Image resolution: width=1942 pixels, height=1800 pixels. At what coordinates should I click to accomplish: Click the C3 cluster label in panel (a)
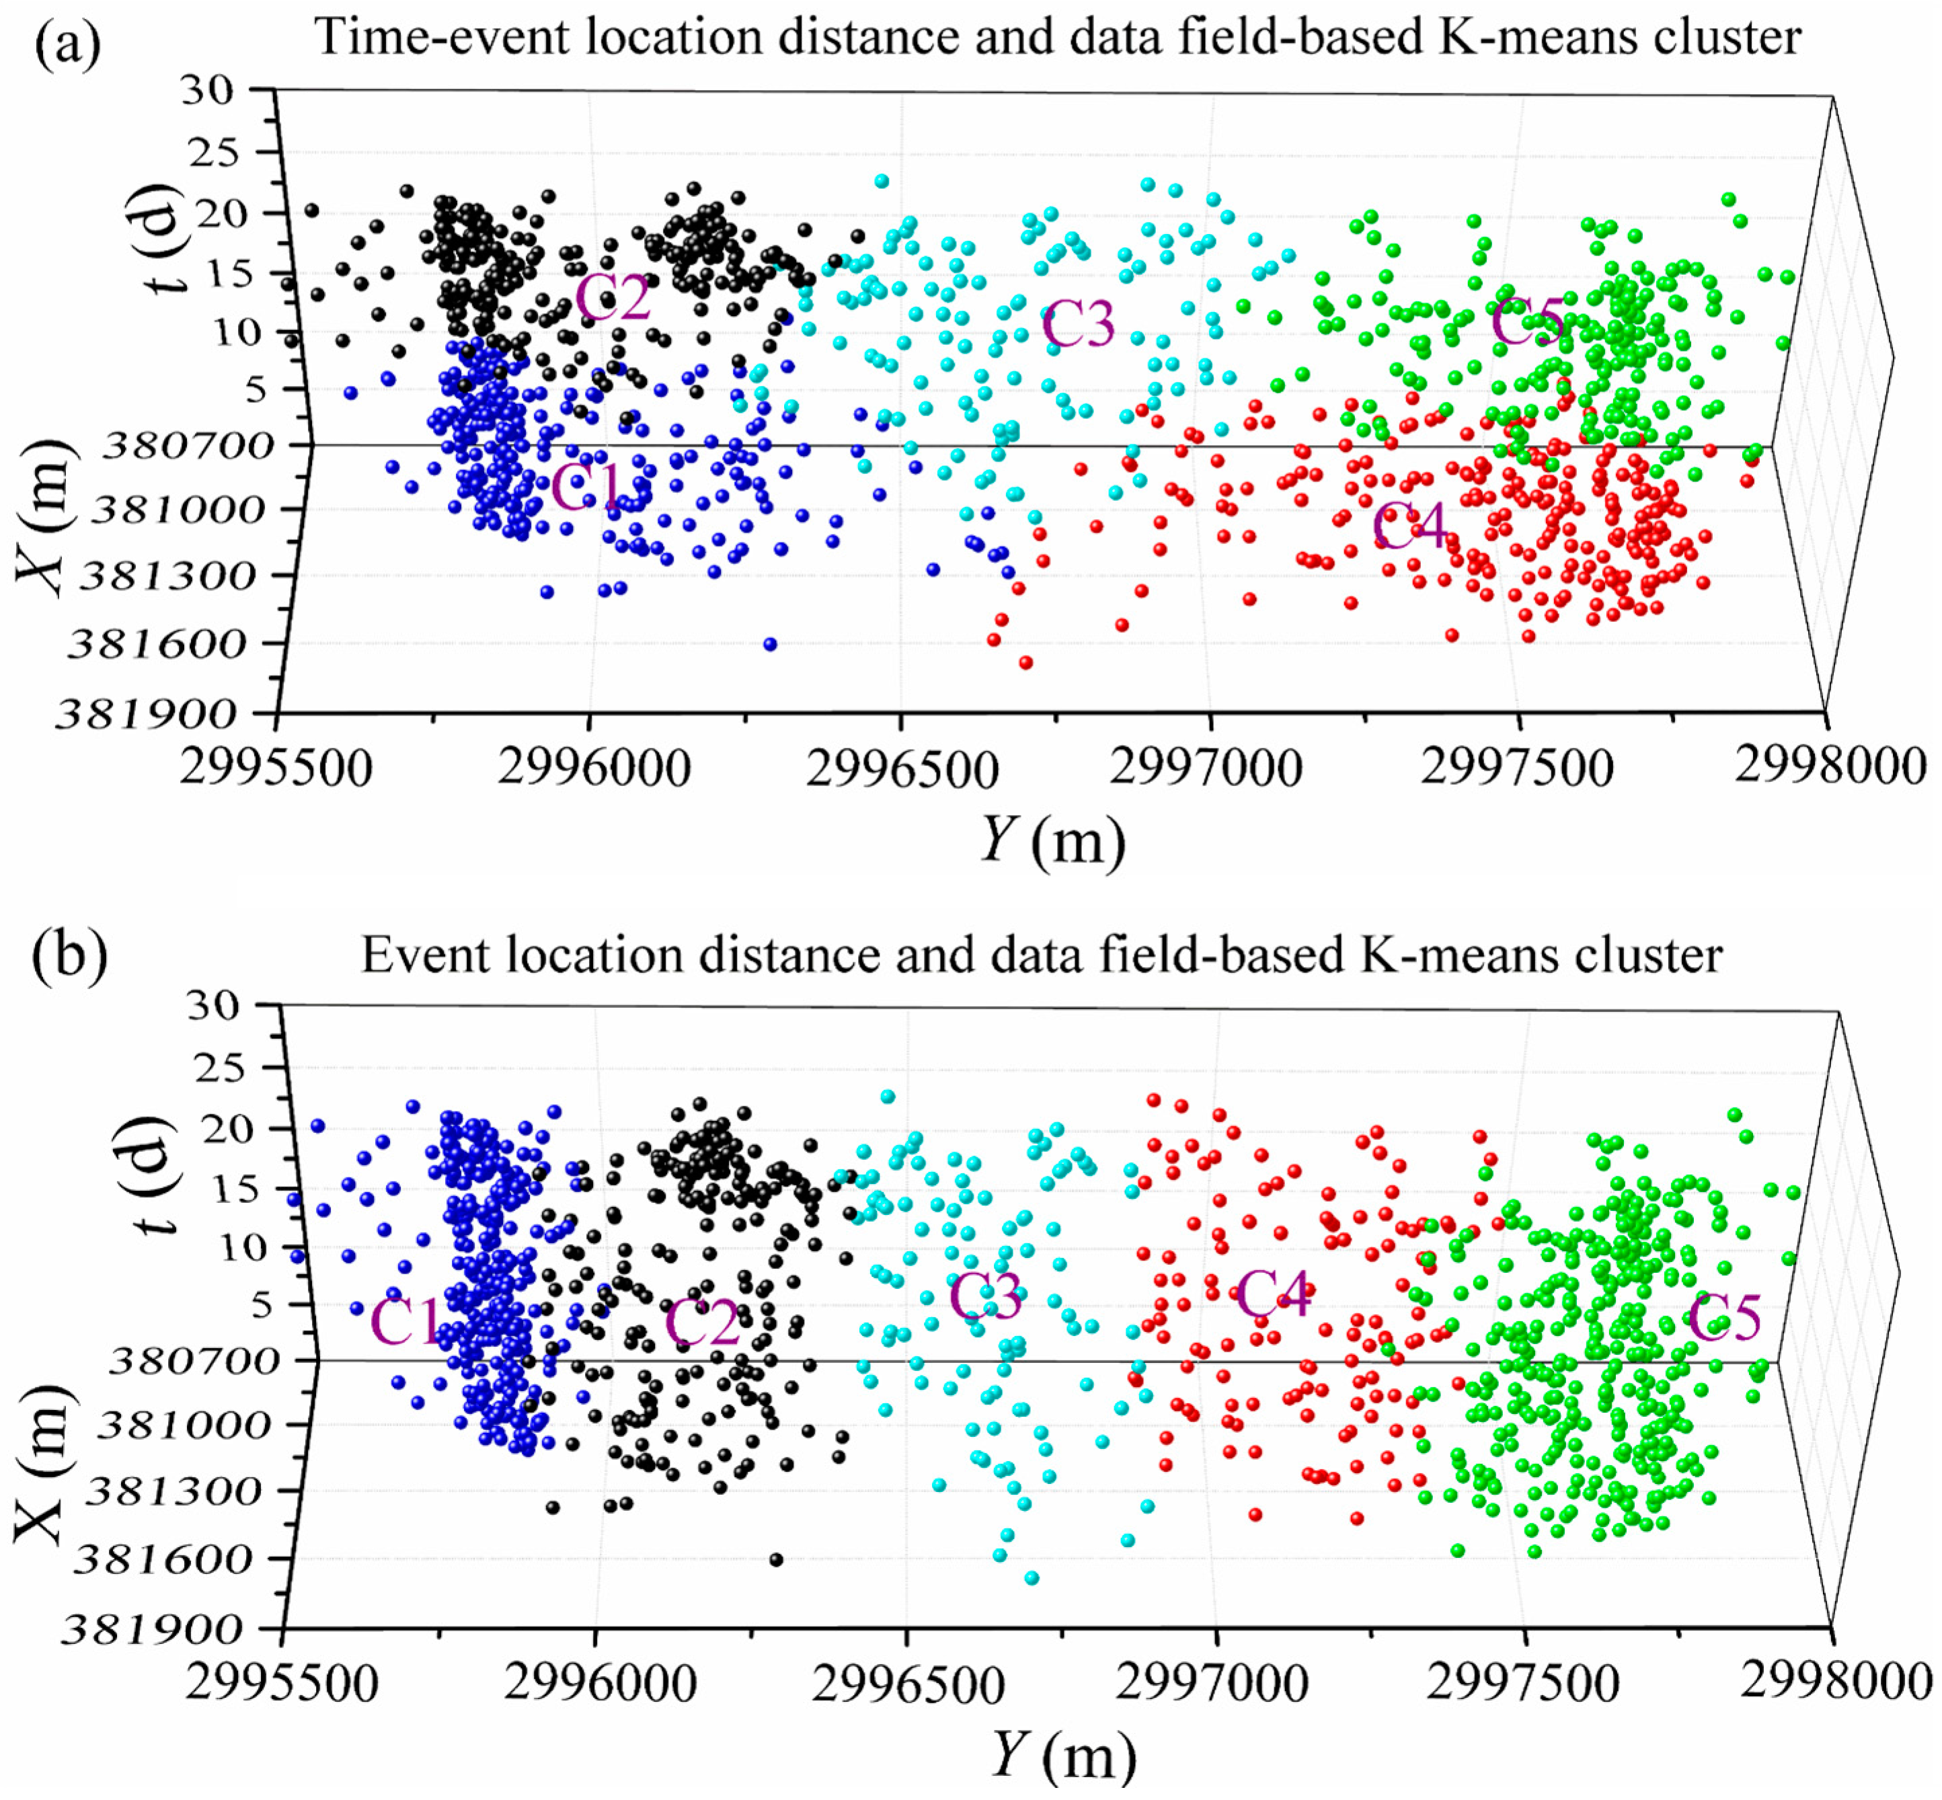[x=1077, y=324]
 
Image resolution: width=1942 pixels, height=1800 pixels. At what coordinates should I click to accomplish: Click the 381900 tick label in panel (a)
[x=146, y=716]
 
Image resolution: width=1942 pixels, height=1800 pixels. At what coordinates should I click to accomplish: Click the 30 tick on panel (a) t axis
[x=207, y=91]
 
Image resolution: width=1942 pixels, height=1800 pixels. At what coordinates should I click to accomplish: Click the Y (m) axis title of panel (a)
[x=1052, y=840]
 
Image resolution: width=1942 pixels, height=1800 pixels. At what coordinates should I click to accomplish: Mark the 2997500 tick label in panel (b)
[x=1522, y=1683]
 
